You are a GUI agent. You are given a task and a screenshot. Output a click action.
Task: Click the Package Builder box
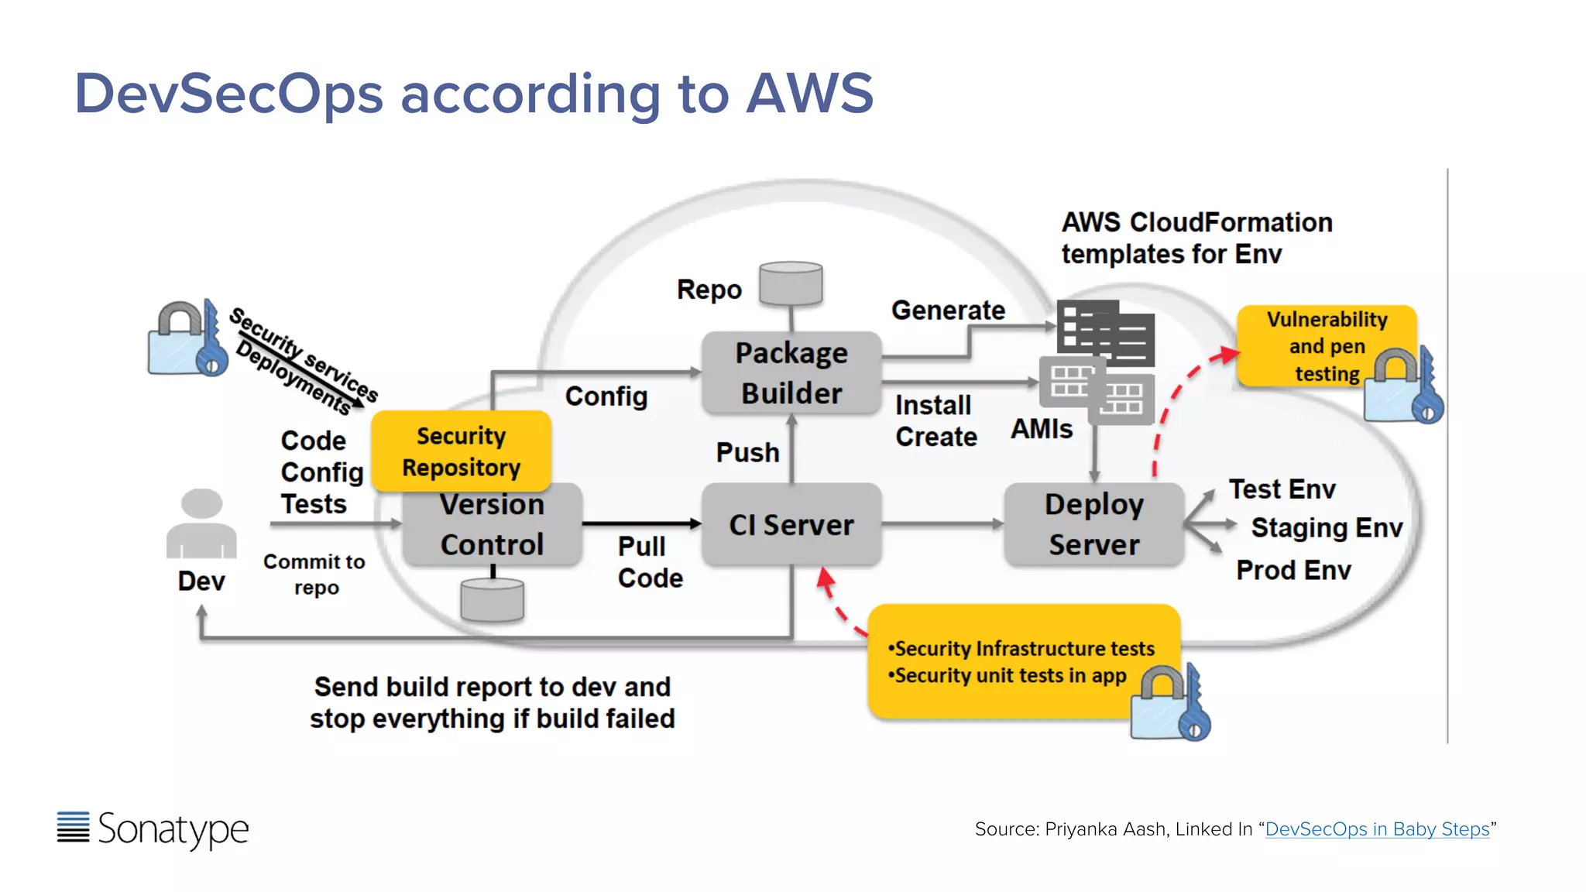[x=791, y=372]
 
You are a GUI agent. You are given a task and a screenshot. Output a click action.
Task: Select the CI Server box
[x=791, y=525]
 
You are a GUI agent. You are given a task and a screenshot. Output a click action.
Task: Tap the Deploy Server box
[x=1093, y=524]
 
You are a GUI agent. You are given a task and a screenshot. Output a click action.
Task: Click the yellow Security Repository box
[x=461, y=451]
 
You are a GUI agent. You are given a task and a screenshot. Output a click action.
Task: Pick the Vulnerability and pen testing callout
[x=1326, y=346]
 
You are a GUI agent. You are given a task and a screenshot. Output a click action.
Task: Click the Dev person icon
[x=201, y=524]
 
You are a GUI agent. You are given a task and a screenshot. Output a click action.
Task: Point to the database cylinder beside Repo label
[x=791, y=283]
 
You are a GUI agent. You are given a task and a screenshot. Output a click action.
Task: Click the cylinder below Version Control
[x=492, y=599]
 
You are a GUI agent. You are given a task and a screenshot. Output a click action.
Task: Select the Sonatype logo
[x=153, y=829]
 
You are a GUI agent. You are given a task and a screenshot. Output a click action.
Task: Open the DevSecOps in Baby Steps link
[x=1376, y=829]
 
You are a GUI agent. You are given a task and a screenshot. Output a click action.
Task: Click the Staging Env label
[x=1326, y=527]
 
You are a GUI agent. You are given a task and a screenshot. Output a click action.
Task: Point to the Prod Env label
[x=1292, y=570]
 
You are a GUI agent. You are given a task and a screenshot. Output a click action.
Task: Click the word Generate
[x=948, y=310]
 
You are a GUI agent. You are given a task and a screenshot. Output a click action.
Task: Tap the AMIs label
[x=1041, y=429]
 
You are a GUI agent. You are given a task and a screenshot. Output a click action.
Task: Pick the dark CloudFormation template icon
[x=1106, y=333]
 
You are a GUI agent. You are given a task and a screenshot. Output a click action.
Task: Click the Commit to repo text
[x=314, y=574]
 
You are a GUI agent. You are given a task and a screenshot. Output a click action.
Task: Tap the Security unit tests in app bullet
[x=1009, y=675]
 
